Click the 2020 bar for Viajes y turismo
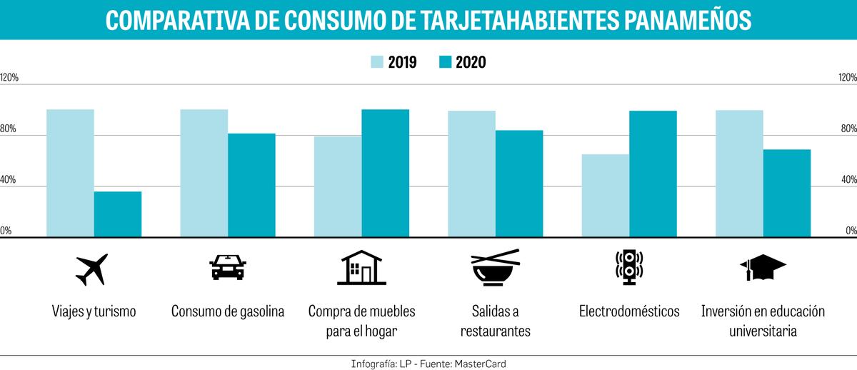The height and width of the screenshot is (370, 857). (x=118, y=214)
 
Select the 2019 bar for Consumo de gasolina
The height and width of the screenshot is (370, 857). (x=204, y=173)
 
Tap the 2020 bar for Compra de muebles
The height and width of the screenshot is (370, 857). (x=386, y=173)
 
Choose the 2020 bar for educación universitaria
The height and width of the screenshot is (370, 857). (x=787, y=193)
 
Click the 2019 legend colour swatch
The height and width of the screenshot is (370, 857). (x=376, y=62)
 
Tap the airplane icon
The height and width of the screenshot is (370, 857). (x=92, y=269)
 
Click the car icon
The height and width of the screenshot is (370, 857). (x=227, y=268)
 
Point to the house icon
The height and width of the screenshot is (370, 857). (x=361, y=268)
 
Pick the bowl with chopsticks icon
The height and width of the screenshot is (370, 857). (x=496, y=268)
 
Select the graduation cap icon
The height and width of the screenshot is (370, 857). (x=762, y=269)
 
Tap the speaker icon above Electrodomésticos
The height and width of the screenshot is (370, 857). (x=629, y=268)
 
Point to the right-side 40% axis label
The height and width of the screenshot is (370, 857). (x=847, y=179)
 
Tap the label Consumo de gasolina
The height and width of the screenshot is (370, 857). (x=228, y=311)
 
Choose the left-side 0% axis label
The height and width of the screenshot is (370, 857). (x=6, y=231)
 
